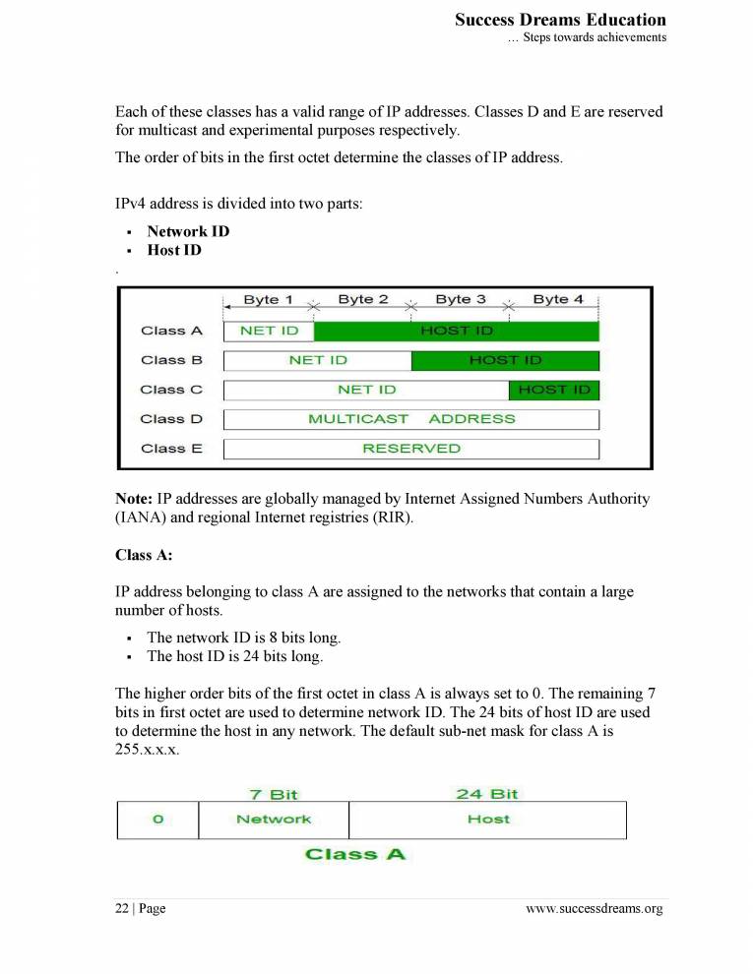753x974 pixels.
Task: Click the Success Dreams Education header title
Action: (x=560, y=20)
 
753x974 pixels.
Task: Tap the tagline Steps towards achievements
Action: (x=587, y=37)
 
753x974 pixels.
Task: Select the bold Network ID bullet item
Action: (x=188, y=231)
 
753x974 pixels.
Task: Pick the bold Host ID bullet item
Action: (x=174, y=250)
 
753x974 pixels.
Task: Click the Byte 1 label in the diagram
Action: (x=268, y=299)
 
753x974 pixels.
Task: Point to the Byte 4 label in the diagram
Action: (x=557, y=299)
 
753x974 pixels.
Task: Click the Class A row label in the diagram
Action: (x=171, y=331)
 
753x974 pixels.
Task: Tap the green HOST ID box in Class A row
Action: (x=456, y=331)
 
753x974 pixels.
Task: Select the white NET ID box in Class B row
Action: (x=317, y=360)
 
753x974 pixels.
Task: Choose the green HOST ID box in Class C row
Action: (x=553, y=390)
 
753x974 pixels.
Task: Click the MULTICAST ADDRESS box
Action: (x=410, y=419)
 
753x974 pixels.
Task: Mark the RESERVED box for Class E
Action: (x=410, y=449)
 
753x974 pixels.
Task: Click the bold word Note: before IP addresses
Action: (x=134, y=499)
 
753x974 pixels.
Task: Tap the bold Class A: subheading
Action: (x=144, y=555)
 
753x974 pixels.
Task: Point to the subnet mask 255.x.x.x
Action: (x=148, y=748)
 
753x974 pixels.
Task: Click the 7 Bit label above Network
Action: (x=274, y=794)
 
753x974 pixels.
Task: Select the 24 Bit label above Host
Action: (x=487, y=794)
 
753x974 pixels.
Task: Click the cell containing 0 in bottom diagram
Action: (x=157, y=820)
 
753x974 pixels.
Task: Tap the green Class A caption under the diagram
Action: (x=355, y=854)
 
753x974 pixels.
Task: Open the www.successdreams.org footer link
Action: (x=595, y=908)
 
